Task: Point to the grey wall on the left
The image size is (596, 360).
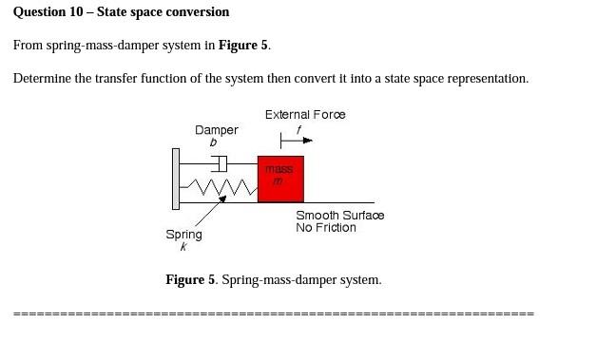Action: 175,179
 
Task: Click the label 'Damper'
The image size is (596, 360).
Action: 217,130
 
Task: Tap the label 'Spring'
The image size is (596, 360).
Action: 183,235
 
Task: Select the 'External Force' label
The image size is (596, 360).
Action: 305,115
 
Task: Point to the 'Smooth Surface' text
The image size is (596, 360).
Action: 339,216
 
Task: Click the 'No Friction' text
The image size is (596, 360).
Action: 325,228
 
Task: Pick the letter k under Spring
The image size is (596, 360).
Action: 183,247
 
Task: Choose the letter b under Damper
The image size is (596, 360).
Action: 213,142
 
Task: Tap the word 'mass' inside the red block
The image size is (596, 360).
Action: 279,169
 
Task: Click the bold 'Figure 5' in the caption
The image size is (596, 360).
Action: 190,280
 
